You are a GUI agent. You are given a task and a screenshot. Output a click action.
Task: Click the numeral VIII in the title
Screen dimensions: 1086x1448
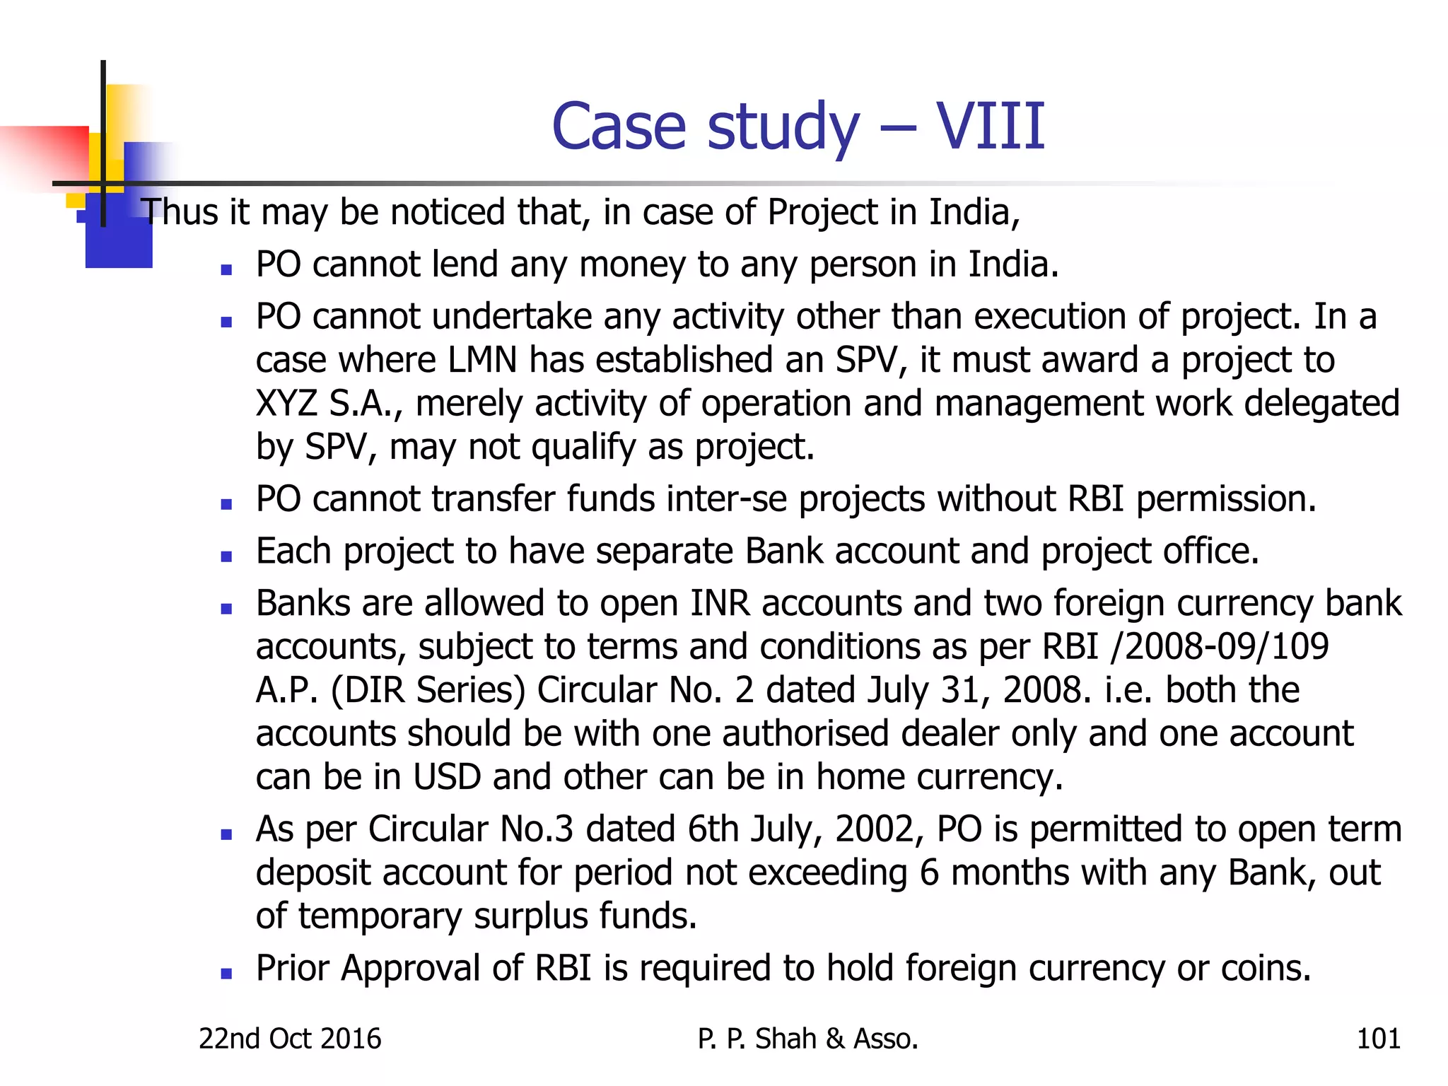click(x=990, y=127)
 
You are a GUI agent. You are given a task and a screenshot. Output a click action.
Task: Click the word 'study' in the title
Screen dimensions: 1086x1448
click(x=783, y=129)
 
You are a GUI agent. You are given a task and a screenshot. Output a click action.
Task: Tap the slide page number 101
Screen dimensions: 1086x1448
click(x=1378, y=1039)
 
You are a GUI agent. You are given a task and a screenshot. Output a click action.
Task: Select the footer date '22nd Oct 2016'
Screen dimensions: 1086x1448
click(x=290, y=1039)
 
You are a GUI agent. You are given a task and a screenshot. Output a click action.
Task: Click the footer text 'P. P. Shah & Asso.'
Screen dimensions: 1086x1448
click(x=807, y=1039)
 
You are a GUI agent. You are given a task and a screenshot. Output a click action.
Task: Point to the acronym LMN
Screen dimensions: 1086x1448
click(x=482, y=360)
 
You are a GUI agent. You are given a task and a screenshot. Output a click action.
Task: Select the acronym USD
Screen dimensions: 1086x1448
click(x=447, y=777)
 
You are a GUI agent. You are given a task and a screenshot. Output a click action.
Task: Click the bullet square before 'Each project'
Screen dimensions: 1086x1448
click(x=226, y=556)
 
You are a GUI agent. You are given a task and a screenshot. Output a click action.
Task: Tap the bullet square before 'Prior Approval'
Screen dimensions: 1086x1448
click(x=226, y=974)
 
